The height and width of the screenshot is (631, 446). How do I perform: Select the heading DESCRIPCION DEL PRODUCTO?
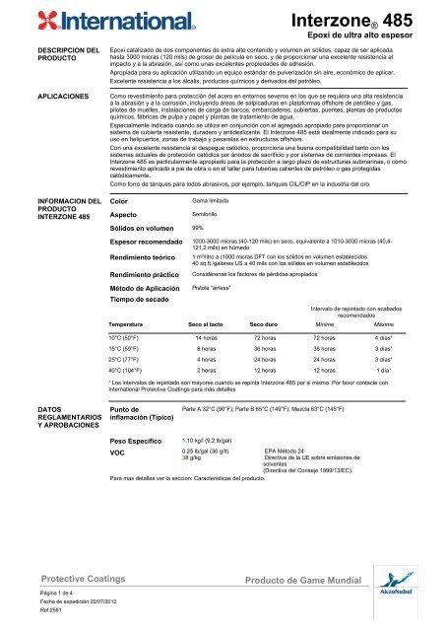(x=40, y=56)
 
